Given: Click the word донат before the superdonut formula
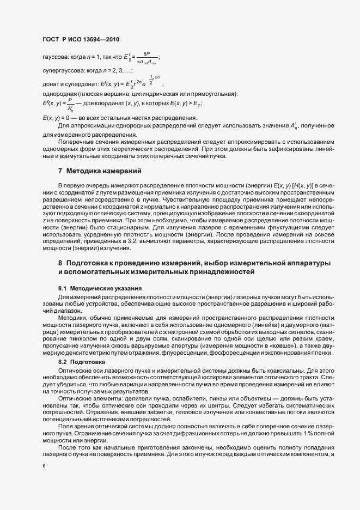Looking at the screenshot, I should coord(51,83).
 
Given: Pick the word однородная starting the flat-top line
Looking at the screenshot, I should coord(58,95).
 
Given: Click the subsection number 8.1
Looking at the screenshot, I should coord(62,288).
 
